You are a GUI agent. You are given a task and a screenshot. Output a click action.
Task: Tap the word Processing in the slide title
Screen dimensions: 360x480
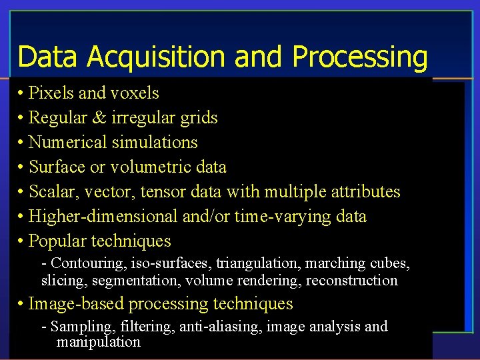click(359, 57)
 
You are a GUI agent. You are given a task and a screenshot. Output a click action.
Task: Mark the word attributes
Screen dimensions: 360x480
click(363, 191)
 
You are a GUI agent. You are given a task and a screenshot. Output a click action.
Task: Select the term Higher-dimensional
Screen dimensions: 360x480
click(103, 216)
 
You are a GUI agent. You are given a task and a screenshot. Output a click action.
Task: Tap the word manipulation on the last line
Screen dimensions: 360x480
click(99, 342)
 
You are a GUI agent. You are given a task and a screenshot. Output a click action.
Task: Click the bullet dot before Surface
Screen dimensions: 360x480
click(22, 167)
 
